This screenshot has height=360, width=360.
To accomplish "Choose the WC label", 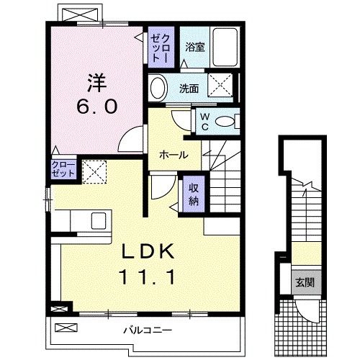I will tap(205, 121).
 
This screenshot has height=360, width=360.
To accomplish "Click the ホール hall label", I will tap(174, 155).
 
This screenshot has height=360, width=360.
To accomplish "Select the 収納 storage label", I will tap(194, 193).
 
